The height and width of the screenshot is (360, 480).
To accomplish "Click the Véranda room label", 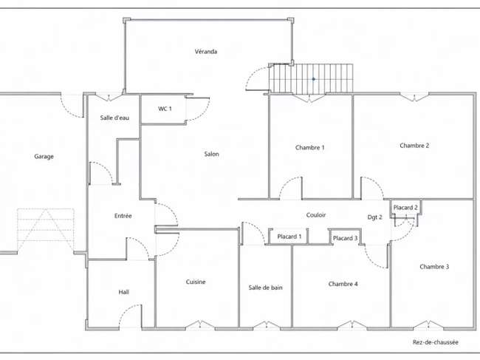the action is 206,52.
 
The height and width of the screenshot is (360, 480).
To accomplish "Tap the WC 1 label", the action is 165,109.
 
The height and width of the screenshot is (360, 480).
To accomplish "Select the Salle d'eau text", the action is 114,118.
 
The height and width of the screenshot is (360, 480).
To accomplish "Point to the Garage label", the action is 44,157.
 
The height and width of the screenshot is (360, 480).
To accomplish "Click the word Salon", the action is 211,154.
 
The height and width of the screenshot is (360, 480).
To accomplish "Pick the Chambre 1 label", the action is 310,147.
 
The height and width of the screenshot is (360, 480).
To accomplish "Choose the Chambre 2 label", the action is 414,146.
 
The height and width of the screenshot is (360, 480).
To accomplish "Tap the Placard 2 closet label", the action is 405,208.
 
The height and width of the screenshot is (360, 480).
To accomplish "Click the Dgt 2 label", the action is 374,217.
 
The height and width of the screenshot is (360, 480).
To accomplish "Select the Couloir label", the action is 316,215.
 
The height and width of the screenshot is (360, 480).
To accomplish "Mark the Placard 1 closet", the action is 289,237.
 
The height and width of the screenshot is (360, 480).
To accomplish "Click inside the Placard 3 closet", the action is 345,238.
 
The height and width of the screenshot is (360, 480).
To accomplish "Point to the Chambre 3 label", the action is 434,267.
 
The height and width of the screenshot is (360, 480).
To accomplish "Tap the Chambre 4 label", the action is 343,284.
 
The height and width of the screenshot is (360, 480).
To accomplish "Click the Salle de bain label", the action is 265,288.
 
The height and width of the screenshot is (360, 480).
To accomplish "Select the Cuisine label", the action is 196,282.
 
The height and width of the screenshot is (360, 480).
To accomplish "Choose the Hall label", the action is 123,292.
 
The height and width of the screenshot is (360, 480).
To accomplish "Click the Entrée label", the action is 123,216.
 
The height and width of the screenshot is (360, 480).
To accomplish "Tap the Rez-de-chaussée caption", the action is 435,342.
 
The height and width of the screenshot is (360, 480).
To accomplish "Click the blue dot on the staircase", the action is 313,79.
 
